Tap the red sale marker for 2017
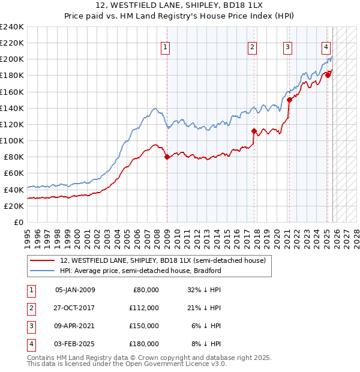254,131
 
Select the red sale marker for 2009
167,157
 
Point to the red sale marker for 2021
289,100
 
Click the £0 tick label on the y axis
19,221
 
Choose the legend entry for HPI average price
141,271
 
